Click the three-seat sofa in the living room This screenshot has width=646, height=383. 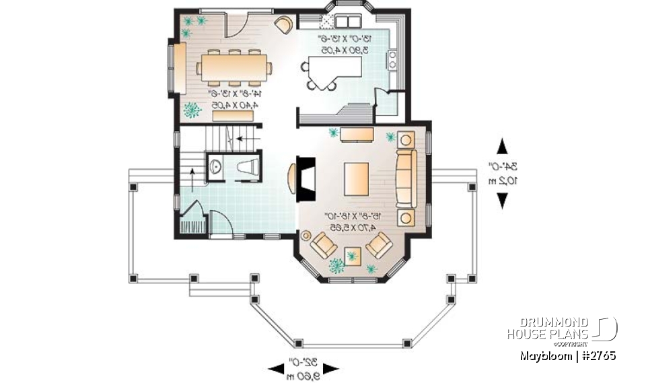click(406, 178)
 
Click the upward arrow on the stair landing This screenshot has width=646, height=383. click(192, 178)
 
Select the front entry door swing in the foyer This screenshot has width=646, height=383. click(221, 223)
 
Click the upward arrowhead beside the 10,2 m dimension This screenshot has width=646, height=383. click(502, 145)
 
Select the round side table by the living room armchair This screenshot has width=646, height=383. click(307, 235)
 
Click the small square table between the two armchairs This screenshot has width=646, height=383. click(353, 256)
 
